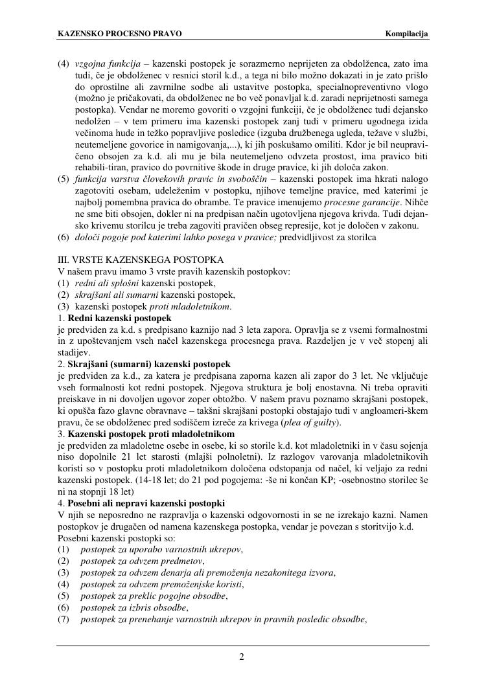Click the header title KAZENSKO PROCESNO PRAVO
pyautogui.click(x=120, y=34)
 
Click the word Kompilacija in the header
pyautogui.click(x=407, y=34)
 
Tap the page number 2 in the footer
pyautogui.click(x=242, y=658)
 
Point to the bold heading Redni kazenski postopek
pyautogui.click(x=119, y=318)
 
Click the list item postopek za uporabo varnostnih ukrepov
pyautogui.click(x=161, y=550)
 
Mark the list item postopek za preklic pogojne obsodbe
pyautogui.click(x=154, y=596)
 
